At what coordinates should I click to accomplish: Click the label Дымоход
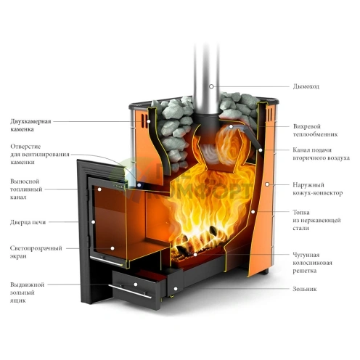coord(306,86)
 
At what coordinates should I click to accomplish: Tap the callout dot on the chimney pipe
coord(211,86)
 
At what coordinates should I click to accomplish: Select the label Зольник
coord(305,289)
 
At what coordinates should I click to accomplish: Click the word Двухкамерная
coord(30,121)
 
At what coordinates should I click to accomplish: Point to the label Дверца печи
coord(28,222)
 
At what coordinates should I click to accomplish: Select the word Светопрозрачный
coord(36,248)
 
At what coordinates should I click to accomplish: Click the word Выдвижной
coord(27,285)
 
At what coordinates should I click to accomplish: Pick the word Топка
coord(301,213)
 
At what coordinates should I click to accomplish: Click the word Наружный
coord(308,185)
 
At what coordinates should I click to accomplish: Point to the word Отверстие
coord(25,147)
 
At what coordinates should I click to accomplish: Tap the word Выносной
coord(25,181)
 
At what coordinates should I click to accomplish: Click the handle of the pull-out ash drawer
coord(130,292)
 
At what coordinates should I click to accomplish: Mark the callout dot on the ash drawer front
coord(136,285)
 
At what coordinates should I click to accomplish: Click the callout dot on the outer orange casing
coord(267,184)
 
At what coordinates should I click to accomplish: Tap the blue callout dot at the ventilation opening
coord(139,185)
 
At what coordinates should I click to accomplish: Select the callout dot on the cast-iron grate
coord(195,255)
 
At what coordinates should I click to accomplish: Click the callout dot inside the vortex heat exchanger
coord(231,126)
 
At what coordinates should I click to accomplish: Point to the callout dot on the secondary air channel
coord(261,150)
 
